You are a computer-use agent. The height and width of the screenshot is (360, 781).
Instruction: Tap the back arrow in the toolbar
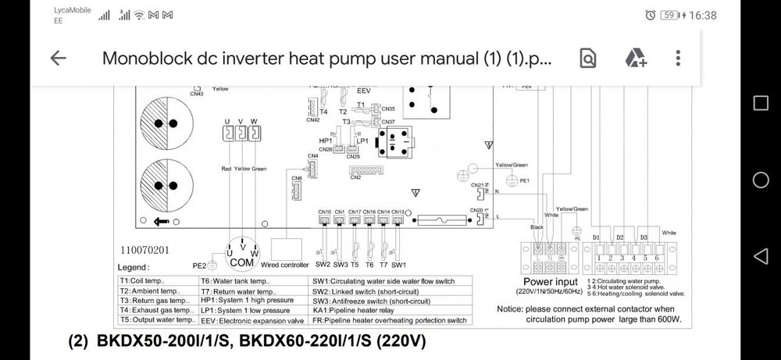[58, 59]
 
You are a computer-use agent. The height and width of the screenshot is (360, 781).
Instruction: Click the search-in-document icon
[587, 59]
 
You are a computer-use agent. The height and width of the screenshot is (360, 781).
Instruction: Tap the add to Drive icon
[635, 59]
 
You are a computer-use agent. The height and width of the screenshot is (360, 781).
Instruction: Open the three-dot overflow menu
[678, 59]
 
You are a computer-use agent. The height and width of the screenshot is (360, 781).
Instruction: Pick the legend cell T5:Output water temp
[153, 320]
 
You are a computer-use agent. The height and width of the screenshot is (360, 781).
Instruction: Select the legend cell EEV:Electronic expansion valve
[251, 320]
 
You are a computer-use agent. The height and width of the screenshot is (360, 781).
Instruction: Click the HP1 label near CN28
[326, 140]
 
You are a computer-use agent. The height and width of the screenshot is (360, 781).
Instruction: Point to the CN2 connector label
[355, 178]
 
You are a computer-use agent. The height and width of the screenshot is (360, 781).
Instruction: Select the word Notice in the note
[515, 308]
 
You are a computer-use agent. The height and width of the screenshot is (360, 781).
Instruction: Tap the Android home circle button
[761, 180]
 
